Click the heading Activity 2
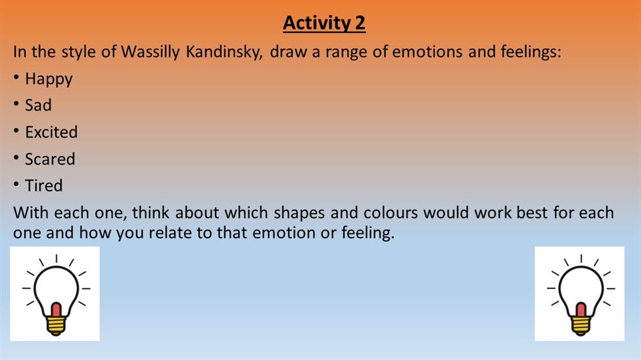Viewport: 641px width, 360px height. coord(324,23)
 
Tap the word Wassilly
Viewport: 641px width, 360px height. coord(150,52)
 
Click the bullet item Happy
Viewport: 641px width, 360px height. coord(49,79)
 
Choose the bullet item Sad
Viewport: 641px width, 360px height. coord(38,105)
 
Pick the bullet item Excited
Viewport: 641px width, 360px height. coord(51,132)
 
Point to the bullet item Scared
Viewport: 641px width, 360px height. coord(50,159)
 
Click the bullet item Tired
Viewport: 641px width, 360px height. coord(44,185)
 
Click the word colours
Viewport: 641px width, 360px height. coord(391,213)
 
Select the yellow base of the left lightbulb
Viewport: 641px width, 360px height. coord(56,326)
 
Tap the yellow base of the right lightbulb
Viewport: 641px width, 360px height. coord(581,326)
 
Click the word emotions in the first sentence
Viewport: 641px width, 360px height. coord(427,52)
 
